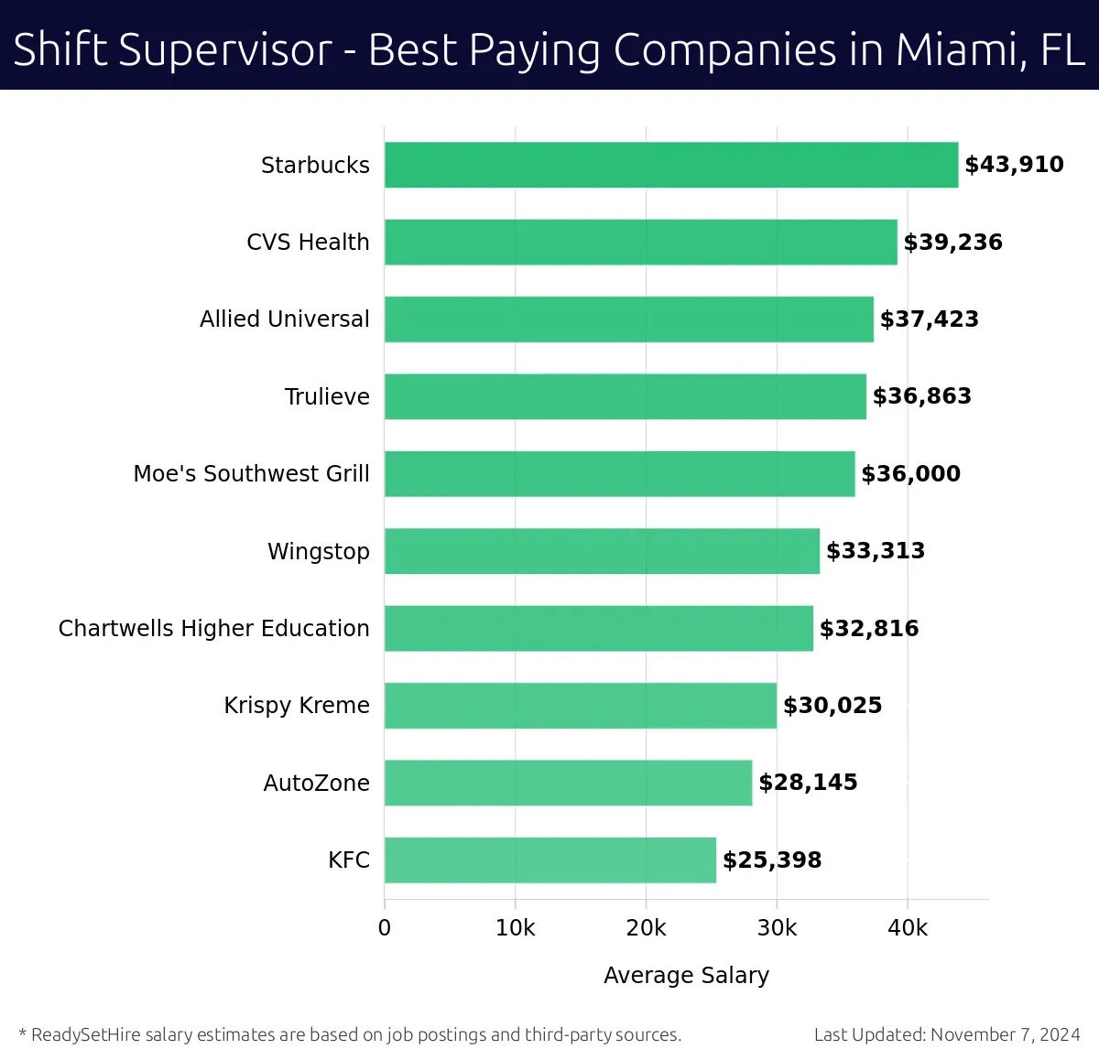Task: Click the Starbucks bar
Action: point(671,165)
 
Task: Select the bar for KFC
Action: point(550,860)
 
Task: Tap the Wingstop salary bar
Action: point(602,551)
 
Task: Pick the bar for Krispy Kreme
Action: point(581,706)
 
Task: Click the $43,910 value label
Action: point(1014,165)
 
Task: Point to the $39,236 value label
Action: point(952,243)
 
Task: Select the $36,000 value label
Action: point(910,474)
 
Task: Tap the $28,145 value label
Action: point(808,783)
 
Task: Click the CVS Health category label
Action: point(308,243)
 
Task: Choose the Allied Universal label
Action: point(285,319)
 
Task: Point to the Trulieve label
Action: point(327,397)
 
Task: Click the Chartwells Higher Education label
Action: point(214,629)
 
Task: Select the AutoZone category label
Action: point(317,784)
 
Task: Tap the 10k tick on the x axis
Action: point(515,928)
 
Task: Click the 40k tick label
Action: point(908,928)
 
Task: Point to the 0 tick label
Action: point(385,928)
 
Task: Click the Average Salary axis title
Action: point(686,976)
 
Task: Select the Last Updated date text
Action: point(947,1035)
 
